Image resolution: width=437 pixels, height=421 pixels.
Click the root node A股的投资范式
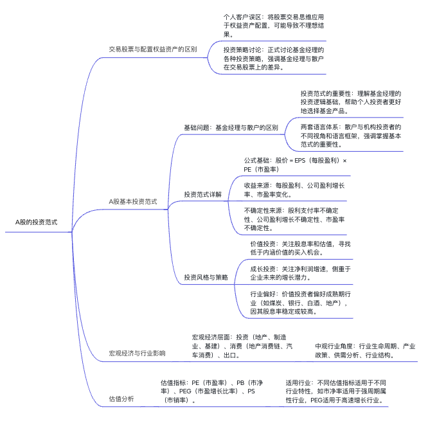pos(36,222)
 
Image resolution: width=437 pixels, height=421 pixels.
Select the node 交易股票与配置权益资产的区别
pos(153,49)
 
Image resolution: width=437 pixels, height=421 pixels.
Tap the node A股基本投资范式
pos(133,201)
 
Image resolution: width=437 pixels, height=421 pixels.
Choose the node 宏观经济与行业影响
pos(137,353)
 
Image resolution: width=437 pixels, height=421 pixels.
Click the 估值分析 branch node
pos(121,399)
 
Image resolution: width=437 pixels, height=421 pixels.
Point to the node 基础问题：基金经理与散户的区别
pos(231,127)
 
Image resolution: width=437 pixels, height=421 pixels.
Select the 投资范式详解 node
pos(202,193)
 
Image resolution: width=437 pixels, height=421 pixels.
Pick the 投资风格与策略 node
pos(206,277)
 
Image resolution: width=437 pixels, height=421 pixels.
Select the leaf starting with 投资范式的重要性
pos(351,102)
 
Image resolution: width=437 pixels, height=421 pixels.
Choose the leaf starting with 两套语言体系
pos(351,136)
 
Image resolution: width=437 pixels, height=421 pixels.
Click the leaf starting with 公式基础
pos(296,165)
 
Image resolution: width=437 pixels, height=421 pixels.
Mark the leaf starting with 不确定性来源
pos(296,219)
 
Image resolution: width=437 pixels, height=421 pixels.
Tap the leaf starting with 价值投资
pos(300,248)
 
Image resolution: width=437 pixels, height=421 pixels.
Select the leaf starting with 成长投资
pos(300,273)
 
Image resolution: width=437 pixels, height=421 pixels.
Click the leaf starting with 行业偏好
pos(300,302)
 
